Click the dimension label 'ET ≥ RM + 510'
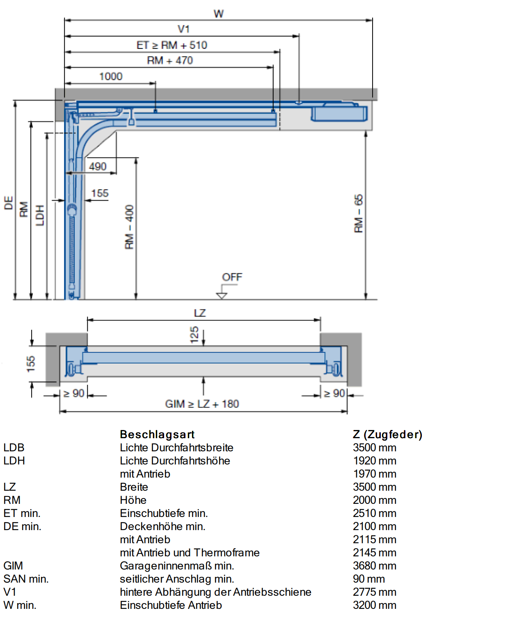click(172, 45)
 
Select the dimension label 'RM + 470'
click(170, 60)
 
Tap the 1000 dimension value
click(111, 76)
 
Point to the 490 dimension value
click(98, 167)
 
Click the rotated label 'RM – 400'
click(129, 227)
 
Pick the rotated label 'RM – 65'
click(359, 213)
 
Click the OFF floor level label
click(232, 277)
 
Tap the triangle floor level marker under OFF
click(222, 295)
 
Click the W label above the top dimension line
click(219, 14)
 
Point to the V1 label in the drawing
click(183, 29)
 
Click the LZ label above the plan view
click(200, 313)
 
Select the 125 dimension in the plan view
click(195, 335)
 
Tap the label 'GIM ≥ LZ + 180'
click(202, 404)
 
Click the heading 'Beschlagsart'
click(157, 434)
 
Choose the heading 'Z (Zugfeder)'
click(388, 434)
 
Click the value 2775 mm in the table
click(375, 592)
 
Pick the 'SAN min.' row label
click(26, 579)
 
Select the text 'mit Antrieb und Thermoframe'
click(190, 553)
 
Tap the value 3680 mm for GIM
click(375, 566)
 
